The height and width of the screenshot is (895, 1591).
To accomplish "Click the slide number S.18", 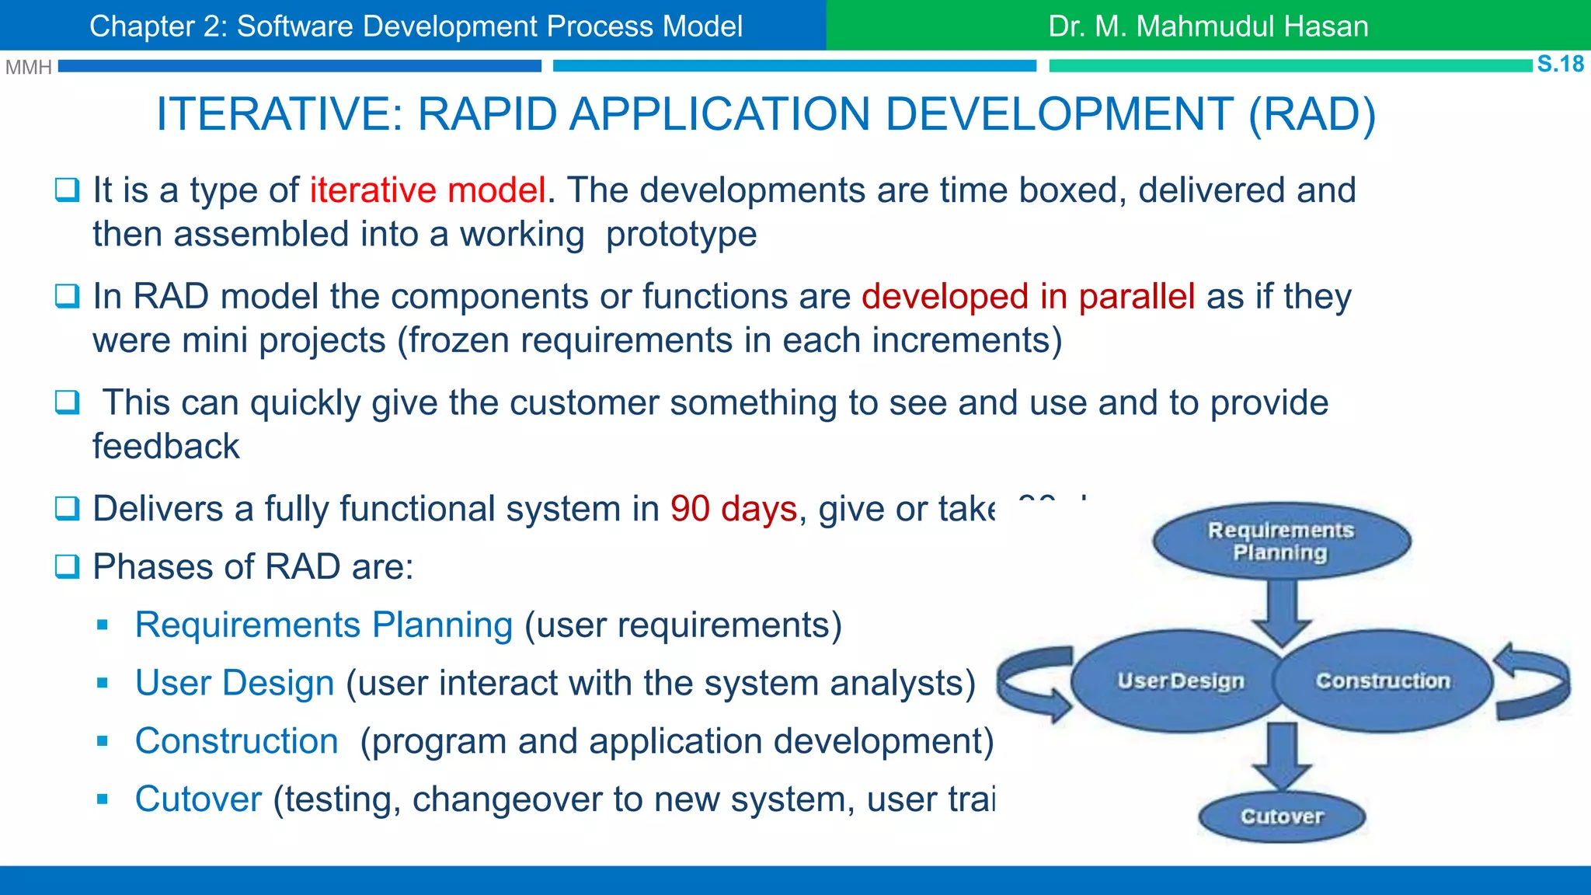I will coord(1560,64).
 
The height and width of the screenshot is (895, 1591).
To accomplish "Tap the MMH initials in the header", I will coord(28,68).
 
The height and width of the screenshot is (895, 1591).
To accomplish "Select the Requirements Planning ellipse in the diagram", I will coord(1281,541).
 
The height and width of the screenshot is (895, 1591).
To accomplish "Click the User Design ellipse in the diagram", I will coord(1180,681).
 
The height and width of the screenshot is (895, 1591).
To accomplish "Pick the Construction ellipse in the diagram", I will coord(1384,681).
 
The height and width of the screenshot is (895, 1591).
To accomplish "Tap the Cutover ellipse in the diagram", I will coord(1282,817).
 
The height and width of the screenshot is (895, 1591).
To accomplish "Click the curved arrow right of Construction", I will coord(1534,681).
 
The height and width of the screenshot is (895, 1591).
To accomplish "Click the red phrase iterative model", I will coord(427,190).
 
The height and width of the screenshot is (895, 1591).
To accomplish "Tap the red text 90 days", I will coord(733,509).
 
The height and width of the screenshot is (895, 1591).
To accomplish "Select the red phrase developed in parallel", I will coord(1028,297).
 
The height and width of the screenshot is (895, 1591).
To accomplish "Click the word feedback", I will coord(165,447).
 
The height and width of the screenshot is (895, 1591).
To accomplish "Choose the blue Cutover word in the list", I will coord(198,799).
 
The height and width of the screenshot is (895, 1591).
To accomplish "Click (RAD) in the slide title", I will coord(1312,114).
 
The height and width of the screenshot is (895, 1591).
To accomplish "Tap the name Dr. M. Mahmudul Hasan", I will coord(1208,26).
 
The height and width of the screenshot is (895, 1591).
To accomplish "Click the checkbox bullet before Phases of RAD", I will coord(67,566).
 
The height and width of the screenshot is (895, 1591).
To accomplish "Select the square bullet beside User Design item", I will coord(102,683).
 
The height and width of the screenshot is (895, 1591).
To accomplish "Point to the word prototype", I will coord(681,235).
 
